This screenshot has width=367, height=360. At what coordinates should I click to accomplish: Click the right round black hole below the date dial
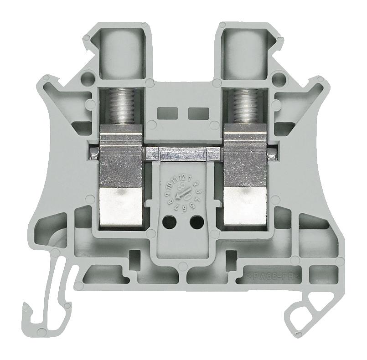click(x=196, y=222)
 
